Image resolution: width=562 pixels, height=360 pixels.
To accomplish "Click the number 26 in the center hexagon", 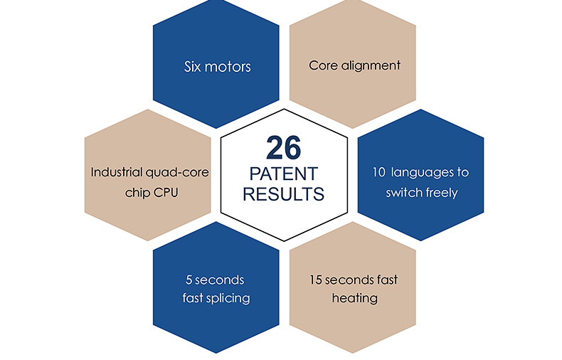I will (x=284, y=147).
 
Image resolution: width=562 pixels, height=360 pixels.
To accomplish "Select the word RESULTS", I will (x=284, y=194).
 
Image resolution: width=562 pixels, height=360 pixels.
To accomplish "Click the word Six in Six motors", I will (x=193, y=68).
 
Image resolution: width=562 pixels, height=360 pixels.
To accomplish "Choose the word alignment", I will (x=370, y=65).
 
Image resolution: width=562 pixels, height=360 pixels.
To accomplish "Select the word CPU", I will (x=171, y=191).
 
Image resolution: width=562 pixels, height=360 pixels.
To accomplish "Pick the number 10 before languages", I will (x=378, y=173).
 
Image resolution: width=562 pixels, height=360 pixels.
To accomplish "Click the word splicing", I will (x=228, y=297).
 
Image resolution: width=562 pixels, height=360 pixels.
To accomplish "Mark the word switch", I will (x=403, y=192).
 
